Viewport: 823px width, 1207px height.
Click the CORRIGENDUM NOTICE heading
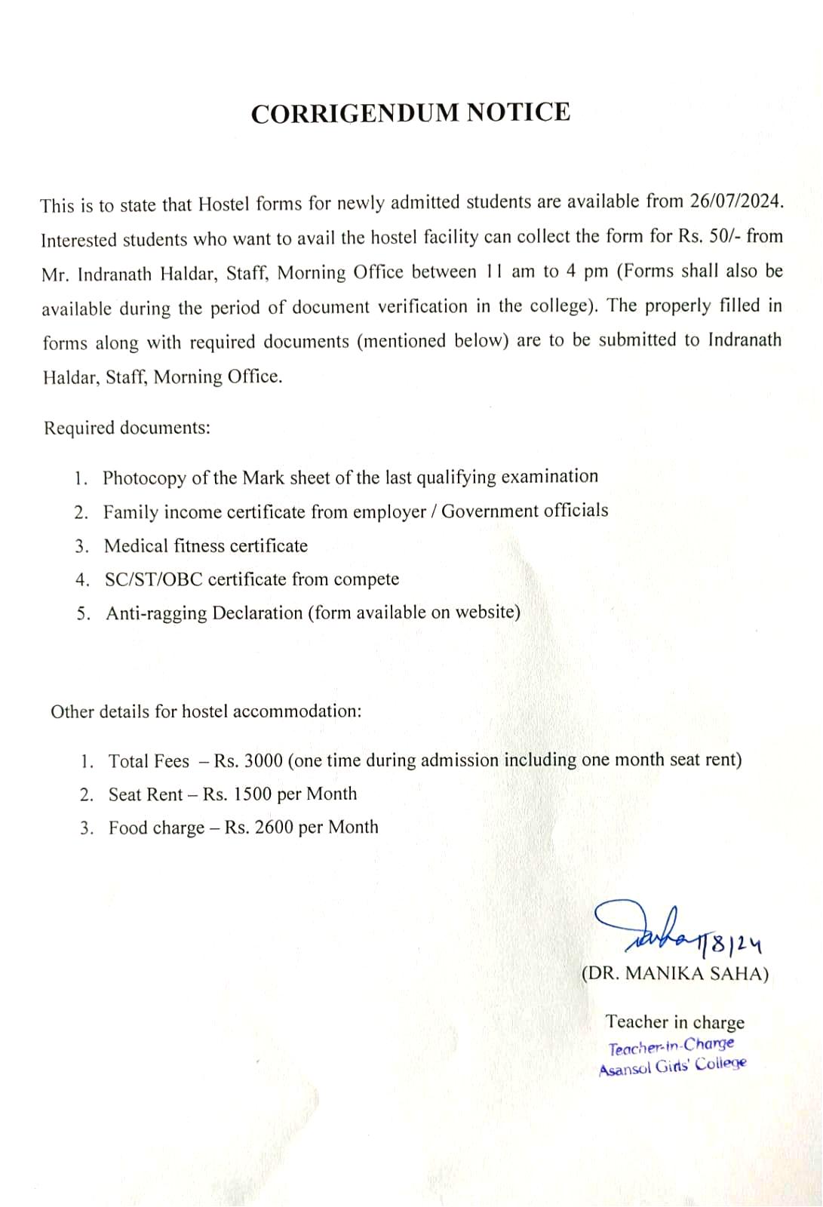point(410,112)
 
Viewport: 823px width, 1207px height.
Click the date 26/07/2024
point(736,201)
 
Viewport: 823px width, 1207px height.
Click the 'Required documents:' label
point(127,428)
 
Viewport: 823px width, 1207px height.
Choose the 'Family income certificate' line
point(355,511)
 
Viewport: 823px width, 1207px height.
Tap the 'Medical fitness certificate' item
point(206,545)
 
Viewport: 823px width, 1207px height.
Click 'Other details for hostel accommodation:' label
point(206,711)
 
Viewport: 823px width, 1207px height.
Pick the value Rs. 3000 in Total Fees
point(248,760)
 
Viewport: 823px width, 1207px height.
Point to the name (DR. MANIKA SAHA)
point(675,973)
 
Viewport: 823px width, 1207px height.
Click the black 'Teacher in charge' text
point(674,1022)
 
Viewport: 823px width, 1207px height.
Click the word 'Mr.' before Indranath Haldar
point(55,274)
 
